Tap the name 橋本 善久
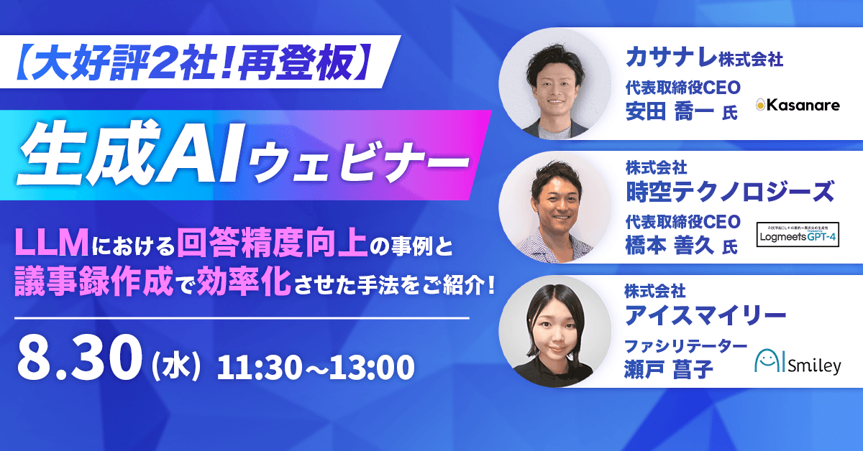click(x=666, y=246)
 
